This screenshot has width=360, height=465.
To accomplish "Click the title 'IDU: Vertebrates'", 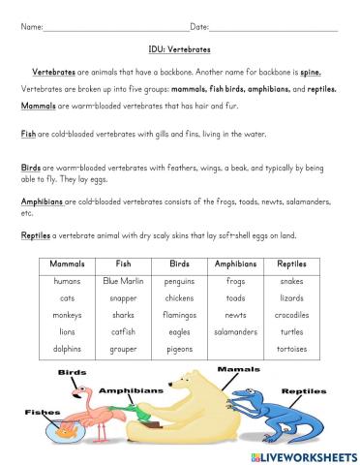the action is coord(181,46).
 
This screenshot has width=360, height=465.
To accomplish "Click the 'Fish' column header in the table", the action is coord(123,263).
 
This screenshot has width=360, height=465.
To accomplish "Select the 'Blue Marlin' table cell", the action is coord(123,280).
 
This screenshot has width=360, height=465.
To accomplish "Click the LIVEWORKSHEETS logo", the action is coord(301,452).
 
